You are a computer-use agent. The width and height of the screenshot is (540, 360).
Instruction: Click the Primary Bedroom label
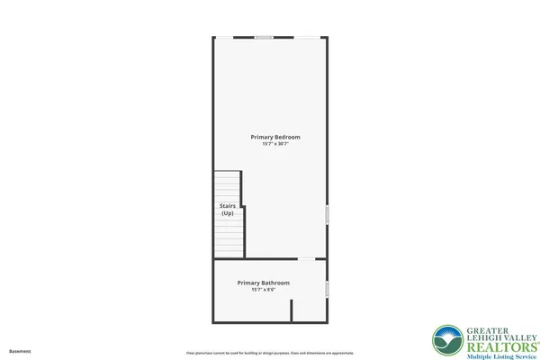point(275,137)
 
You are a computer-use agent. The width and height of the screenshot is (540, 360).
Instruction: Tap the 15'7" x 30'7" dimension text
point(275,144)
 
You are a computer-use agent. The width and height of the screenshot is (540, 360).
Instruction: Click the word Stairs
point(228,206)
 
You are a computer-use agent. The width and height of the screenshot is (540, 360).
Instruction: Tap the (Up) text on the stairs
point(228,213)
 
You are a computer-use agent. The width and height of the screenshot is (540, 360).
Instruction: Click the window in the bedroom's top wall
point(264,37)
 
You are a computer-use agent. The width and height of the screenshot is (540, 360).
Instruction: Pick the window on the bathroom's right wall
point(328,289)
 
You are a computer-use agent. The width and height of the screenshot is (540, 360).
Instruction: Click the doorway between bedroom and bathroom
point(308,260)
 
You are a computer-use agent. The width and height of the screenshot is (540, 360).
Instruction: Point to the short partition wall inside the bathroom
point(292,311)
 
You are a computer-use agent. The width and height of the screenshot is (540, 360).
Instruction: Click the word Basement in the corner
point(20,351)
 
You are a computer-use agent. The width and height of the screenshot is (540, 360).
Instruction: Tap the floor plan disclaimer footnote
point(269,352)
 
